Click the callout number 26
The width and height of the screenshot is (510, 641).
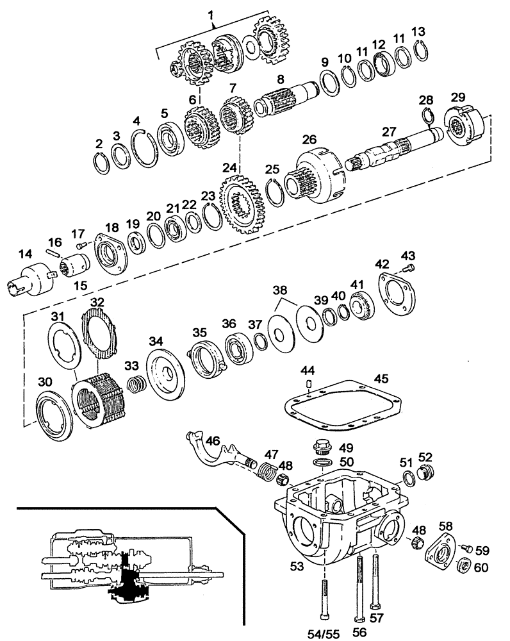(309, 139)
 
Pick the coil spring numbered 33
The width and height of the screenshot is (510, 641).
(135, 387)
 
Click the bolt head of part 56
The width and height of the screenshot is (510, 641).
(358, 619)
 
